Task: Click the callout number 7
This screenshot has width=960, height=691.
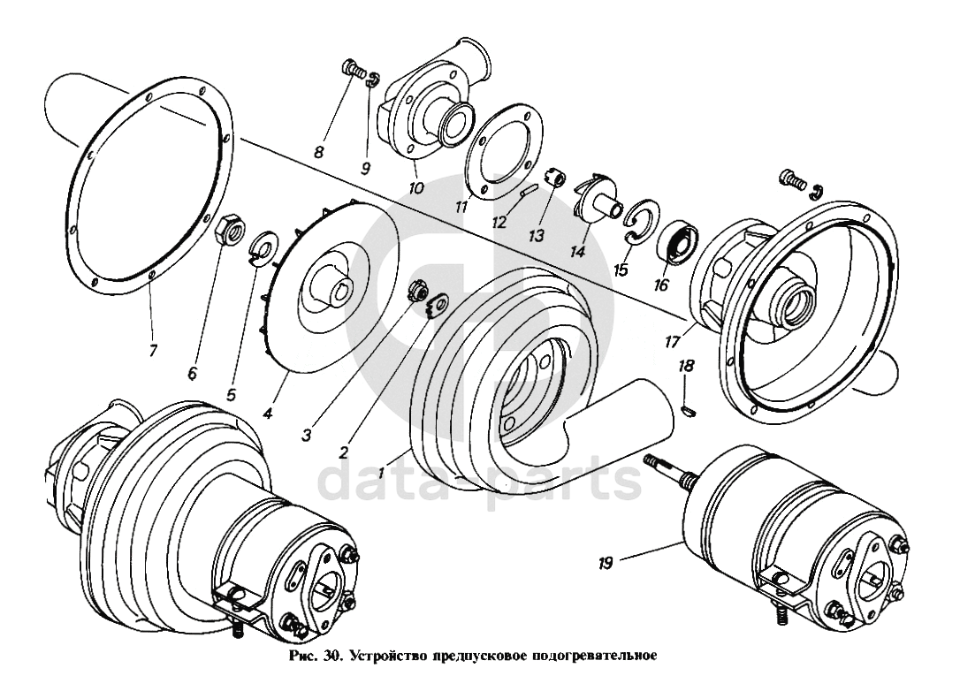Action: tap(152, 351)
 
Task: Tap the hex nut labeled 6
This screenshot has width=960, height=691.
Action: tap(231, 228)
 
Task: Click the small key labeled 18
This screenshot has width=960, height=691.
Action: tap(689, 408)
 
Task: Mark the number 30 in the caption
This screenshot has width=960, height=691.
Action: tap(330, 657)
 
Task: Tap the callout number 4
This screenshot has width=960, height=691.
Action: tap(268, 414)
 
